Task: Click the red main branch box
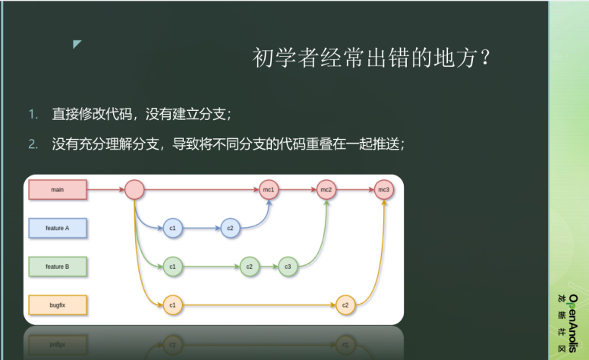(58, 189)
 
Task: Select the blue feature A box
(58, 228)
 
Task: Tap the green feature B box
(58, 267)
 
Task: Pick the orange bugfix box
(58, 305)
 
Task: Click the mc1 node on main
(269, 189)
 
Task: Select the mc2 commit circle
(326, 189)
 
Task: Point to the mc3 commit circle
(383, 189)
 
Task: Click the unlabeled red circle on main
(134, 189)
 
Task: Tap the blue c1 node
(173, 228)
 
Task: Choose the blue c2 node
(230, 228)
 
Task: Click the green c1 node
(173, 267)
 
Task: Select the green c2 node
(250, 267)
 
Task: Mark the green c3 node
(288, 267)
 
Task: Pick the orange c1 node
(173, 305)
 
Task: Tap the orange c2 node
(345, 305)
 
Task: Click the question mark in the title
(486, 58)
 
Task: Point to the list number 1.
(33, 114)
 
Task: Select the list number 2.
(33, 144)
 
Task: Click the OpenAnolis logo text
(573, 324)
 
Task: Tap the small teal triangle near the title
(76, 43)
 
